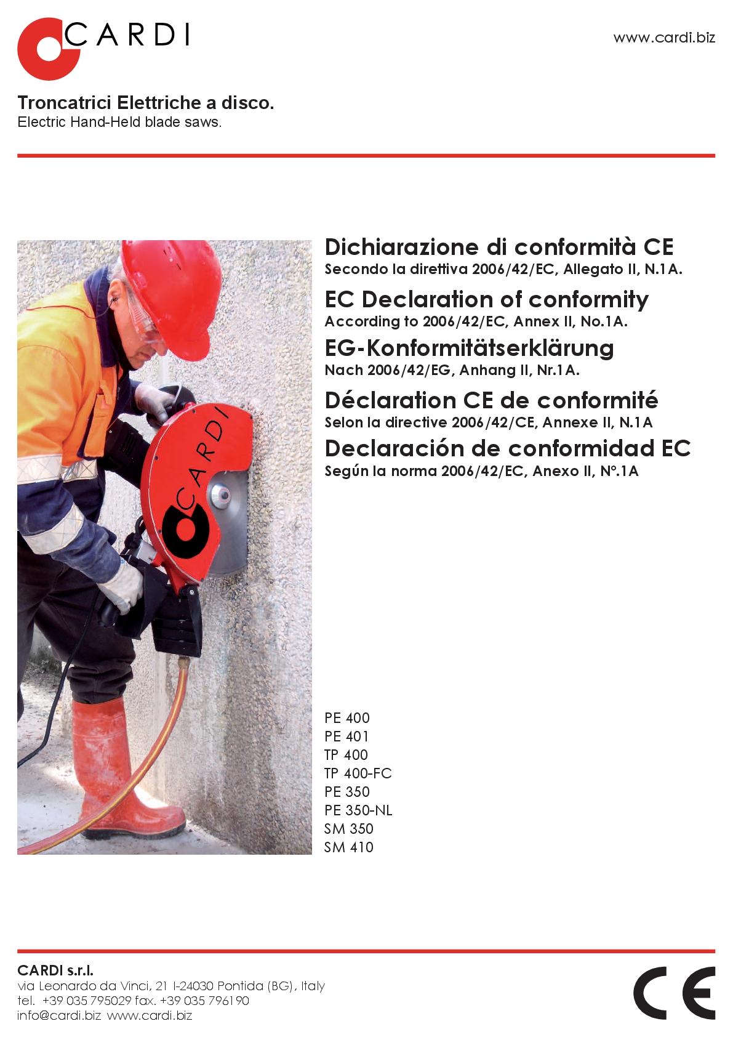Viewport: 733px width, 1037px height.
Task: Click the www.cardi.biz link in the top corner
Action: click(x=664, y=38)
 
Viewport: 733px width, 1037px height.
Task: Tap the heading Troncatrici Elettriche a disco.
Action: click(x=146, y=103)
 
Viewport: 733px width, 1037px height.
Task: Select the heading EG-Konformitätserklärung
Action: click(x=469, y=349)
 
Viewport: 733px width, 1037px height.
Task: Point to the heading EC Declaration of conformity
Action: click(x=486, y=300)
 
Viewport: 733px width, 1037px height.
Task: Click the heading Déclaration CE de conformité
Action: click(x=491, y=401)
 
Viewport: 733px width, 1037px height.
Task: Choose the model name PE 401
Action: click(x=346, y=736)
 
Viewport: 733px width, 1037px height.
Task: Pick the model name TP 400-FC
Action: click(x=358, y=773)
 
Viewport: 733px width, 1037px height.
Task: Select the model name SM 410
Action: click(x=348, y=847)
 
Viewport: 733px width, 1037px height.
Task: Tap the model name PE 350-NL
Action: click(x=358, y=810)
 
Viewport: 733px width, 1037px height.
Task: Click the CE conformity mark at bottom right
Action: click(x=674, y=993)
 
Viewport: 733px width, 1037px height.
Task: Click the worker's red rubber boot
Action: click(x=123, y=770)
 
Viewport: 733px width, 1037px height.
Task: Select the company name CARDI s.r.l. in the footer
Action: click(x=55, y=970)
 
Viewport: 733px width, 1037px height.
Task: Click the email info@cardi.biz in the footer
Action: click(x=59, y=1015)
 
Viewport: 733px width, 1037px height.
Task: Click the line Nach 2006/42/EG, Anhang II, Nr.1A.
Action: click(x=452, y=370)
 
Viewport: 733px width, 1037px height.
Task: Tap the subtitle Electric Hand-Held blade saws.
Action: click(x=119, y=122)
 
